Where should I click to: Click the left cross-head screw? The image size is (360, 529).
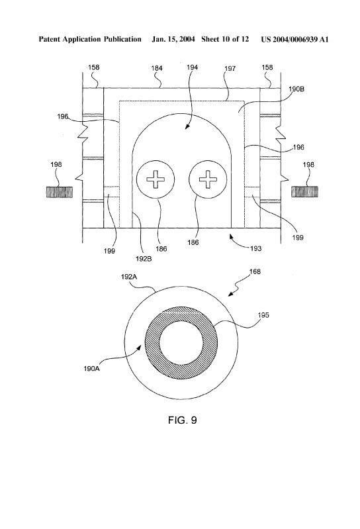point(156,179)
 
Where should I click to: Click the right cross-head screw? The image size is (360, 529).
point(208,179)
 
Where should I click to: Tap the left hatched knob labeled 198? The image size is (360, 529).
point(59,192)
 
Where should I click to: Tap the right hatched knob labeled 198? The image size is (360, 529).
point(304,192)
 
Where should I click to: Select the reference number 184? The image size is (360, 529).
point(157,68)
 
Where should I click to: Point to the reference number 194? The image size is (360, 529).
point(192,68)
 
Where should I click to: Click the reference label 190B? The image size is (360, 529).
point(296,89)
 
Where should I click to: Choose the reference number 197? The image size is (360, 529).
point(230,69)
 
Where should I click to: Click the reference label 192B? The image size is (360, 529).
point(144,259)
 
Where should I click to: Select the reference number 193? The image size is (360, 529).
point(256,249)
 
